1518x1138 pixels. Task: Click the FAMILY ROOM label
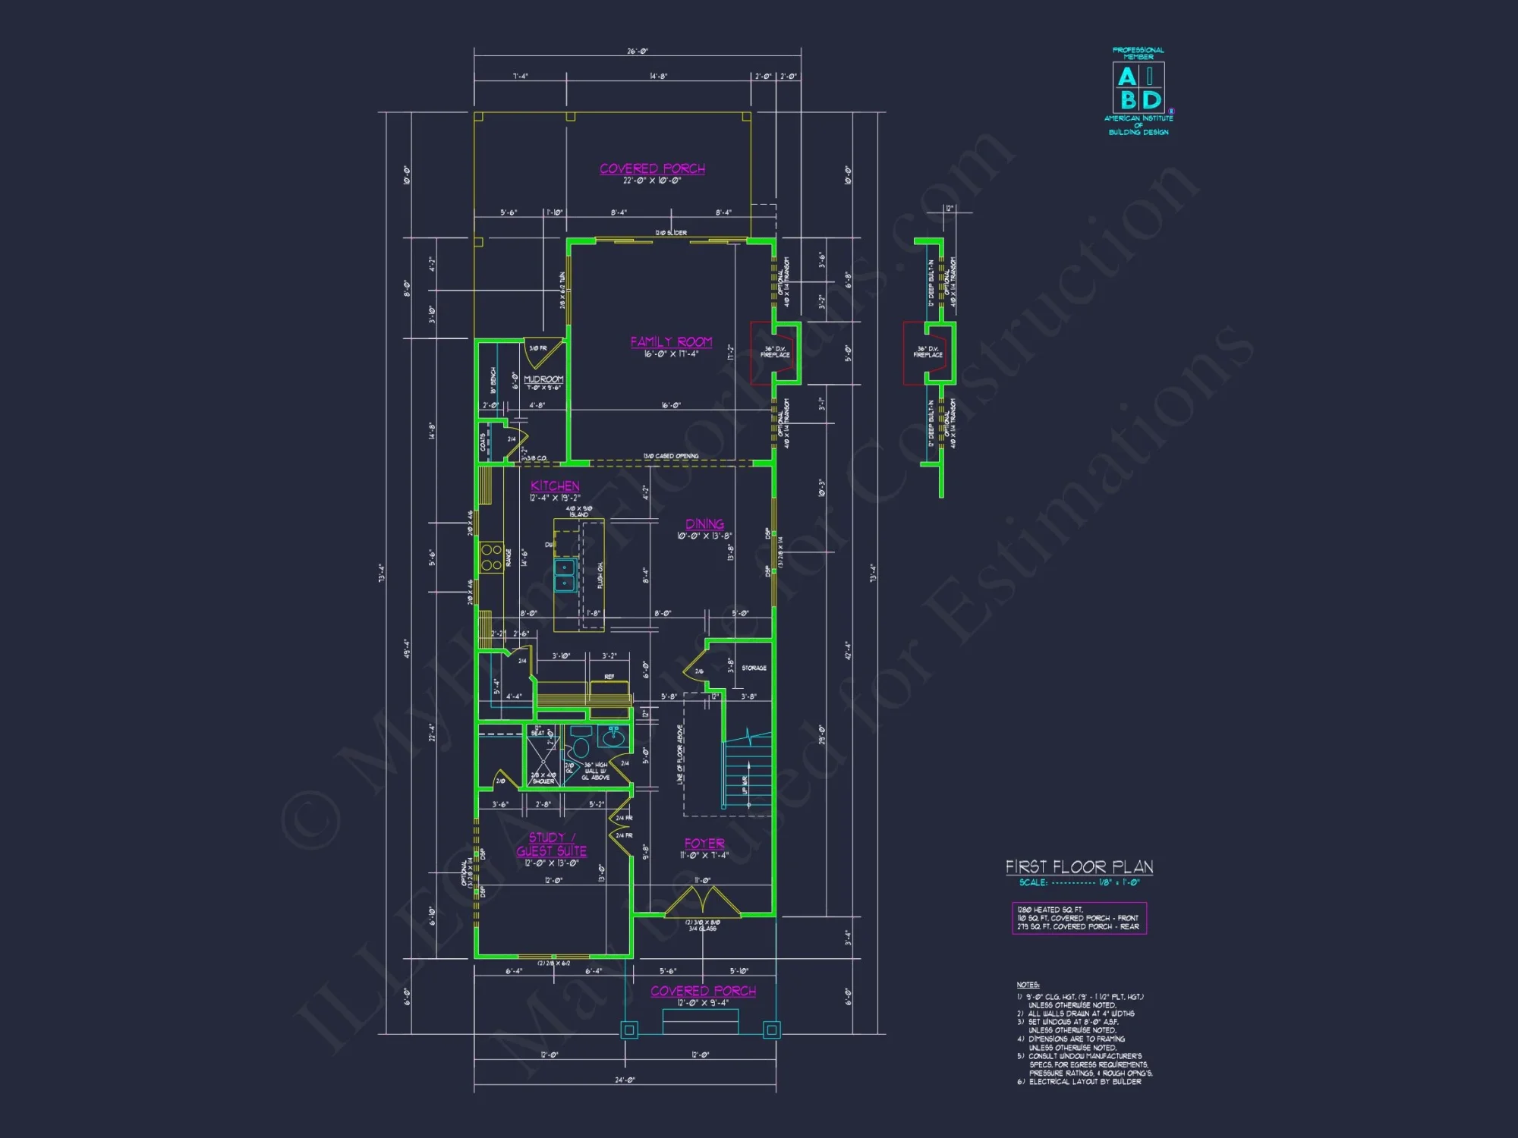click(x=671, y=342)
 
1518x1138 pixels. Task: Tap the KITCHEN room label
click(x=555, y=486)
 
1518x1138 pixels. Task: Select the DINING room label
click(x=704, y=524)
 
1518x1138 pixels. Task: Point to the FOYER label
click(x=704, y=844)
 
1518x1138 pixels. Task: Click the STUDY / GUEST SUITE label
click(x=552, y=844)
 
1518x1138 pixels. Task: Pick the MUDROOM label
click(x=543, y=379)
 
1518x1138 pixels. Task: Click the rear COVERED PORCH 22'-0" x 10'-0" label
click(x=652, y=169)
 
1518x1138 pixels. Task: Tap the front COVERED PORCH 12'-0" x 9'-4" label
click(x=703, y=991)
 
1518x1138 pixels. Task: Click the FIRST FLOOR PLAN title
click(x=1079, y=867)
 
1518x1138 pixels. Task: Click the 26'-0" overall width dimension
click(x=638, y=52)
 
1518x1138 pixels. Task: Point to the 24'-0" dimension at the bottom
click(x=625, y=1080)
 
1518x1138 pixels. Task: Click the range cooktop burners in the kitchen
click(x=491, y=557)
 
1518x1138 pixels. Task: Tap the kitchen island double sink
click(x=565, y=575)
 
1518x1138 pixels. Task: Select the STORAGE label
click(x=754, y=668)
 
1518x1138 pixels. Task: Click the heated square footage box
click(x=1079, y=918)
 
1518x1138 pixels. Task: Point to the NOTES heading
click(x=1028, y=985)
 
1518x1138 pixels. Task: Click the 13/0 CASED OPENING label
click(x=671, y=456)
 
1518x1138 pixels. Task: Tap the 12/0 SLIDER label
click(x=671, y=233)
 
